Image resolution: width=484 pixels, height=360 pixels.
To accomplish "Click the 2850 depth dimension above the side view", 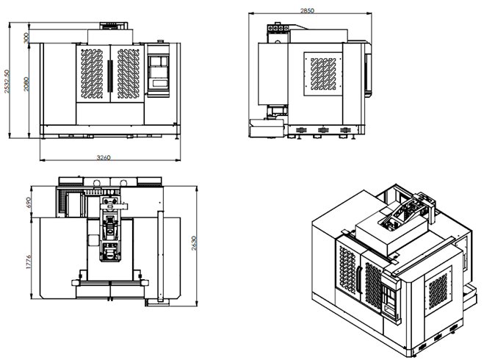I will [x=307, y=10].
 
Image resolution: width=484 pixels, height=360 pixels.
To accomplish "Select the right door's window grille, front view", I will [x=126, y=74].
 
